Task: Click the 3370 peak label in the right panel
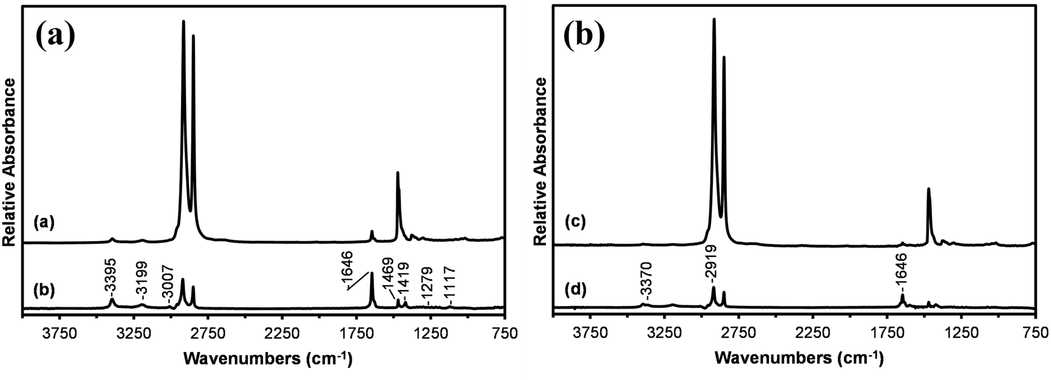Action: [645, 284]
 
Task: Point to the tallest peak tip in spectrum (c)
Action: [714, 19]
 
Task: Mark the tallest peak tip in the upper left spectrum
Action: [183, 21]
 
